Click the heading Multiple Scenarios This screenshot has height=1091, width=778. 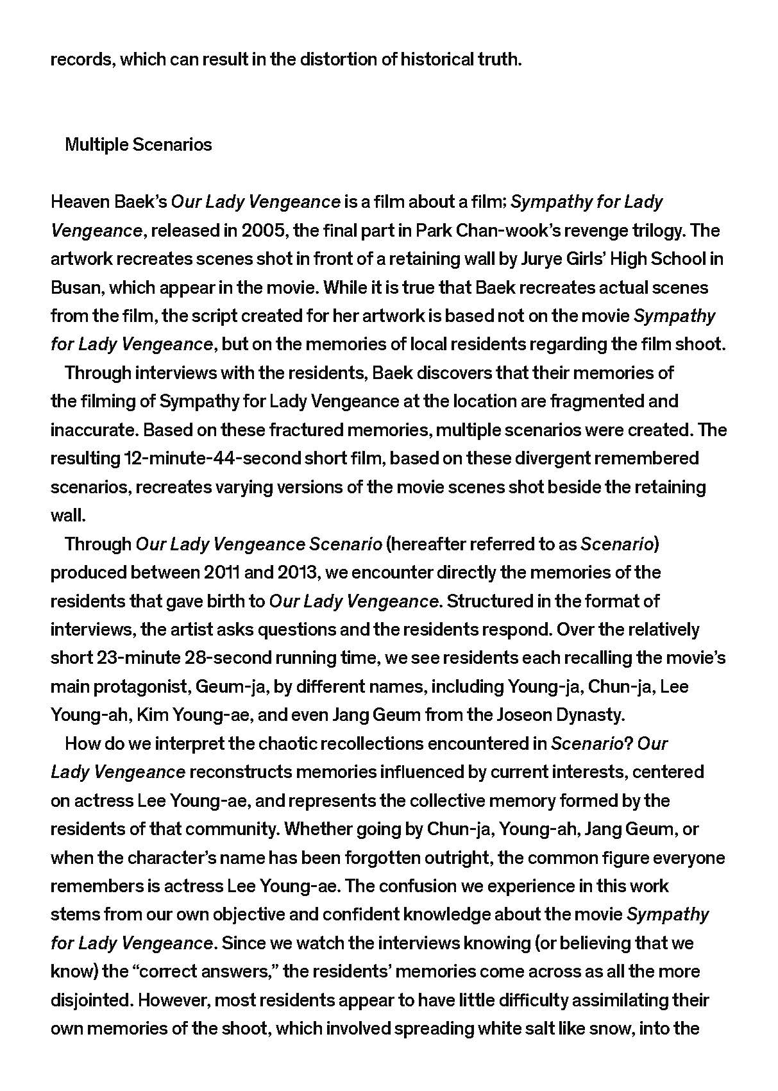point(138,145)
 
